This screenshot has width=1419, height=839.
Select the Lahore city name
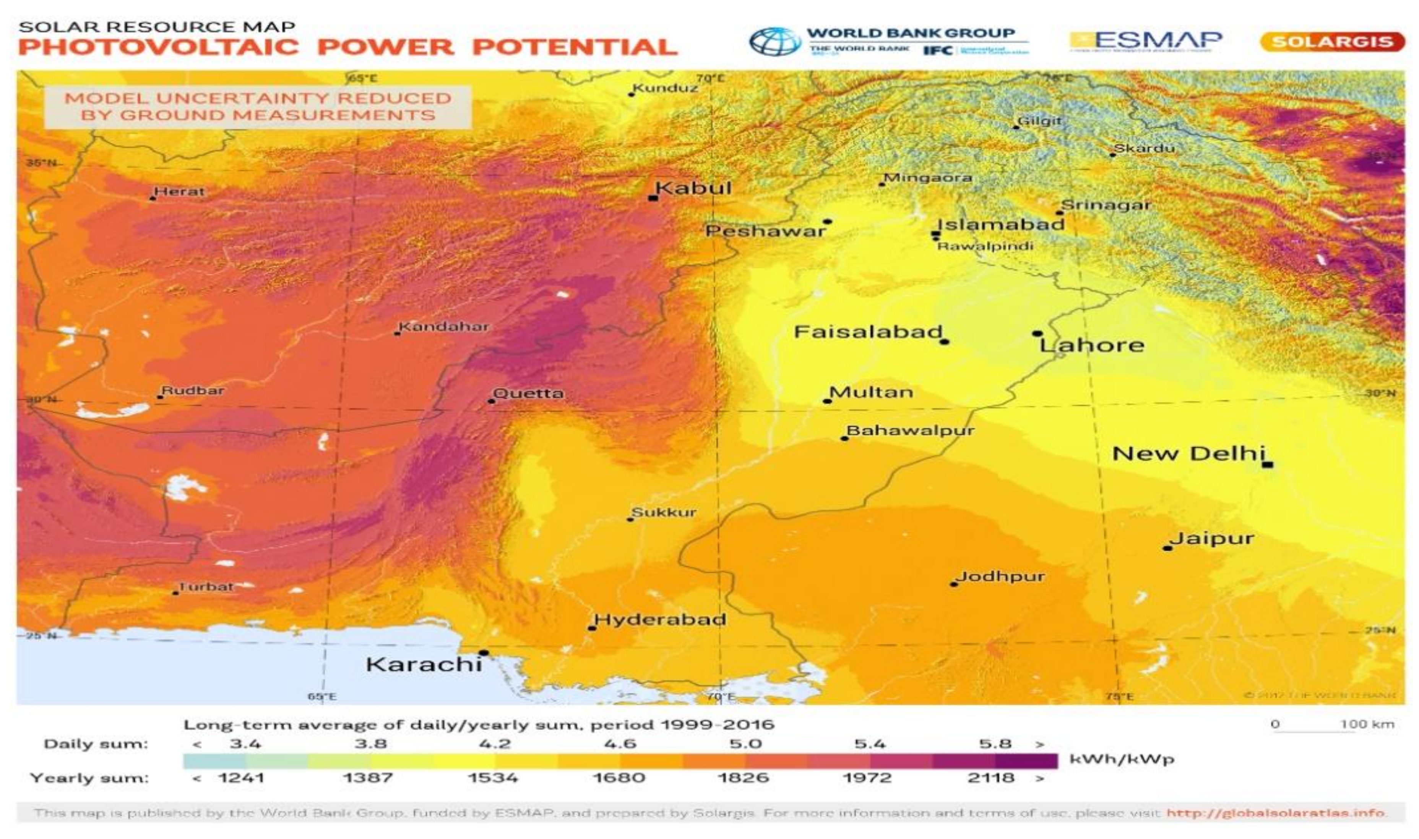[1091, 345]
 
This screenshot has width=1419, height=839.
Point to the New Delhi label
[1188, 454]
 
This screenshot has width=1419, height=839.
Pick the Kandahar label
[444, 326]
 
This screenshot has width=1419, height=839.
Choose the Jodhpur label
[1000, 577]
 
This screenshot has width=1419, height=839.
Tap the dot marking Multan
[827, 401]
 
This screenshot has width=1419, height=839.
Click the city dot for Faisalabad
[945, 342]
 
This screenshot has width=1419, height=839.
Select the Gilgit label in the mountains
[1039, 121]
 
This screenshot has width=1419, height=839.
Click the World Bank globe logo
[775, 41]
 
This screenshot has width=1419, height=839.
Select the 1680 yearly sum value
[619, 778]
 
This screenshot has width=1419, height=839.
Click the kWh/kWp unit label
[1122, 759]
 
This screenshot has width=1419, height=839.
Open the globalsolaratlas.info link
[1275, 813]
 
